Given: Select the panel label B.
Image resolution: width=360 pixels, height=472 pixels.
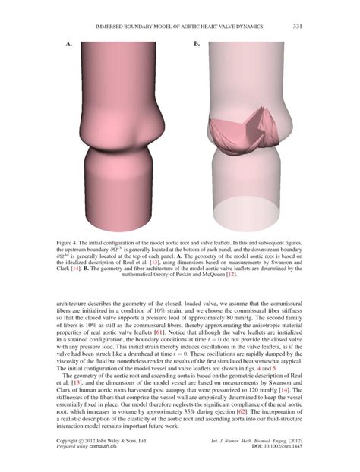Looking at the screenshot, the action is click(197, 44).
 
